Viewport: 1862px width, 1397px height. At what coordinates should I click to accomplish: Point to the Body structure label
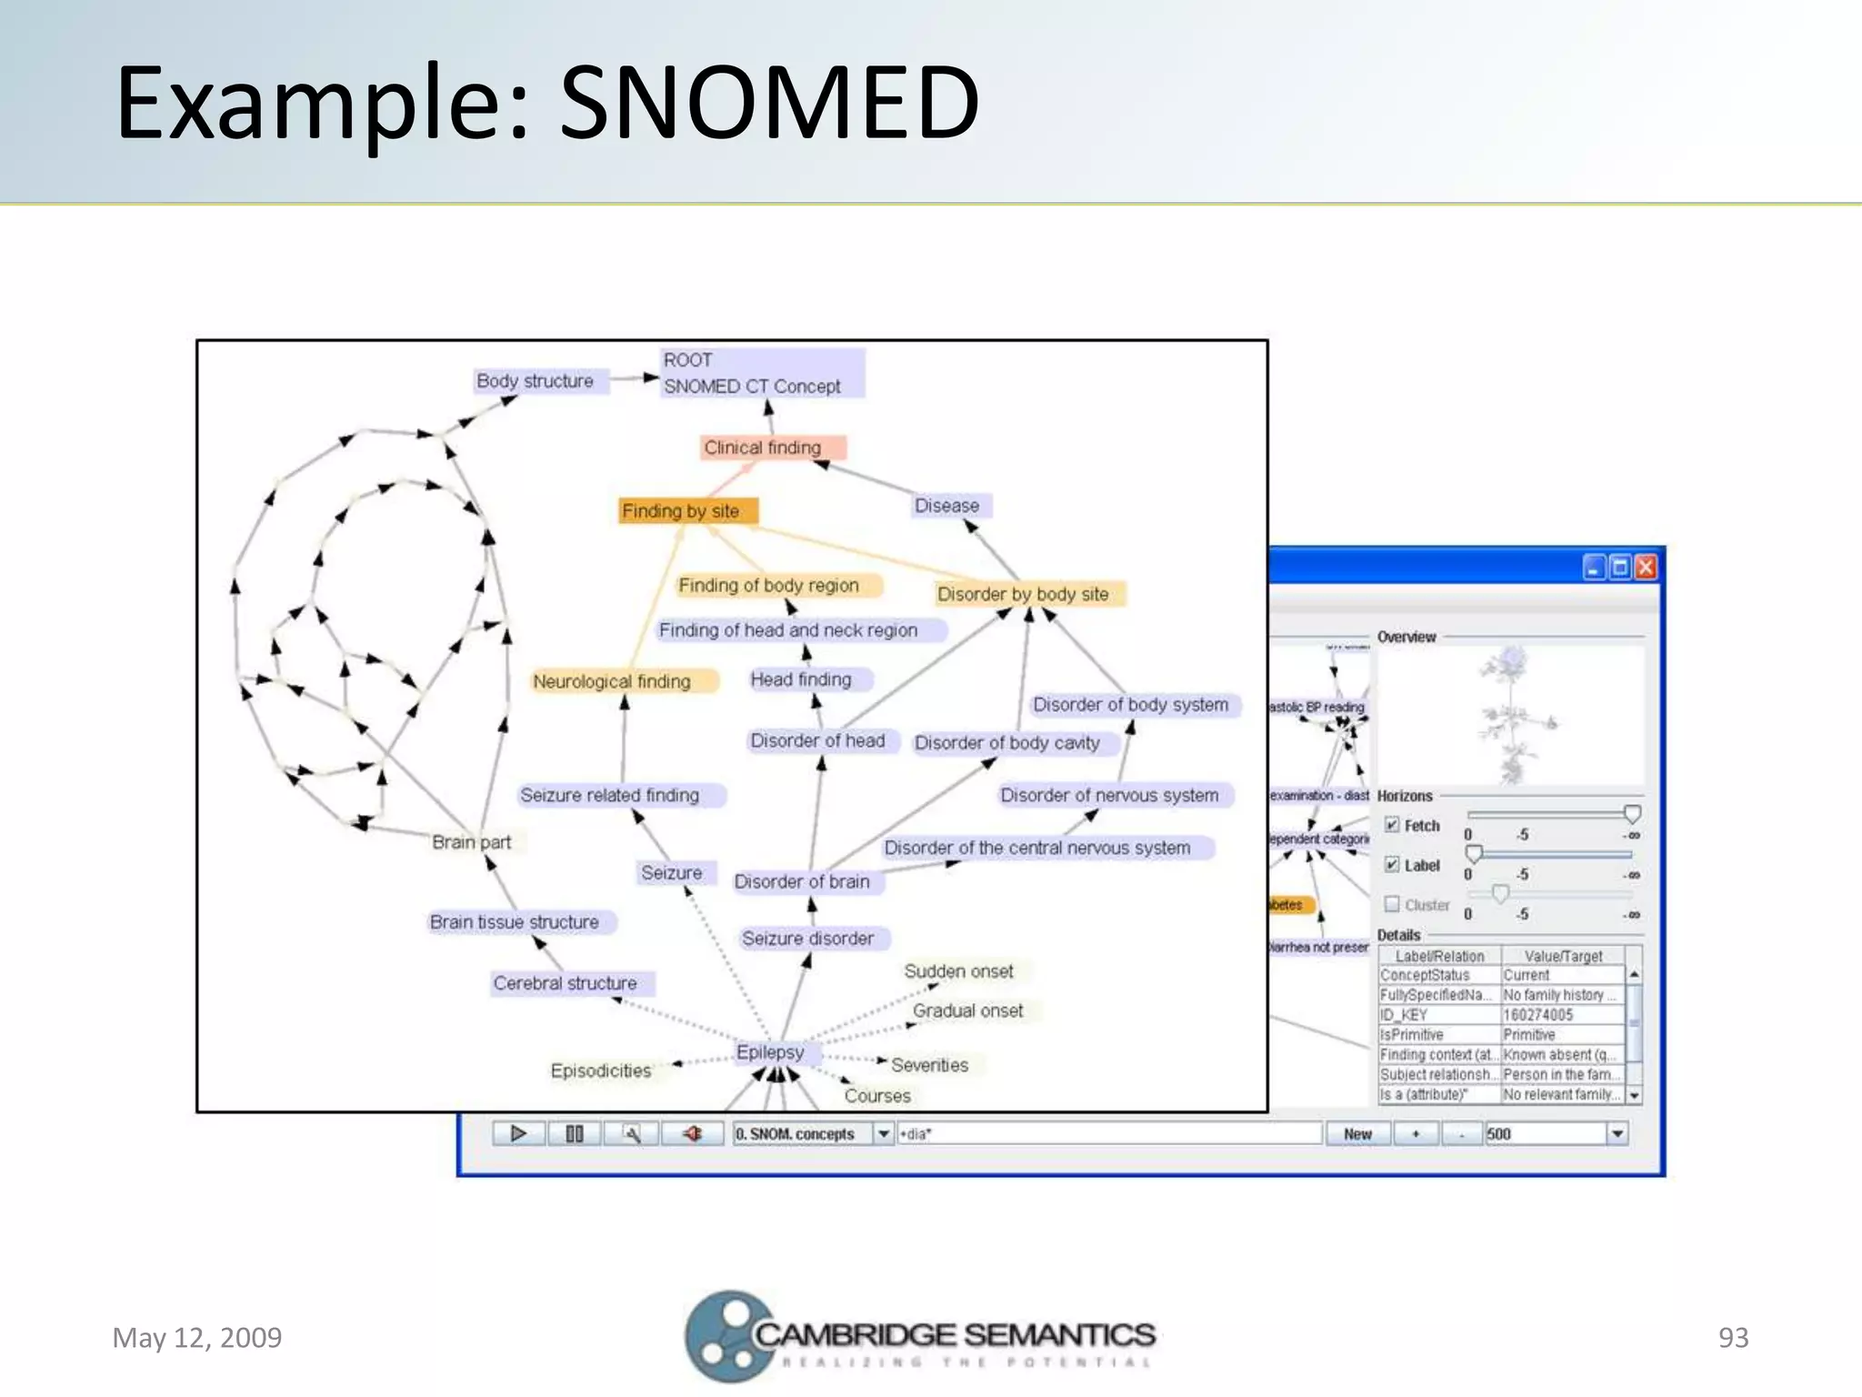pyautogui.click(x=535, y=381)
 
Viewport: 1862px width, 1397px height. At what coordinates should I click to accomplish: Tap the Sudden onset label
pyautogui.click(x=958, y=971)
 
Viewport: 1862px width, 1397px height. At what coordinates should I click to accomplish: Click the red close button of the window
pyautogui.click(x=1646, y=568)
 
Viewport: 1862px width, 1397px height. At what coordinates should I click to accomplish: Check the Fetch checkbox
pyautogui.click(x=1392, y=825)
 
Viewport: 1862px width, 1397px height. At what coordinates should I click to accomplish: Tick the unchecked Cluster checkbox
pyautogui.click(x=1392, y=904)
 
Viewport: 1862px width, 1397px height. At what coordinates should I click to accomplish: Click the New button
pyautogui.click(x=1357, y=1134)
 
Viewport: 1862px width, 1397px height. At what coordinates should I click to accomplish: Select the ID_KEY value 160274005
pyautogui.click(x=1538, y=1015)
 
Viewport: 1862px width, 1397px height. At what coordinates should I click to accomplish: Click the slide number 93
pyautogui.click(x=1733, y=1338)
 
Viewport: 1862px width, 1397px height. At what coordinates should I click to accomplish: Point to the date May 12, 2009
pyautogui.click(x=197, y=1338)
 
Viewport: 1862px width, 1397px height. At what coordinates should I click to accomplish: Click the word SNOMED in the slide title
pyautogui.click(x=769, y=102)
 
